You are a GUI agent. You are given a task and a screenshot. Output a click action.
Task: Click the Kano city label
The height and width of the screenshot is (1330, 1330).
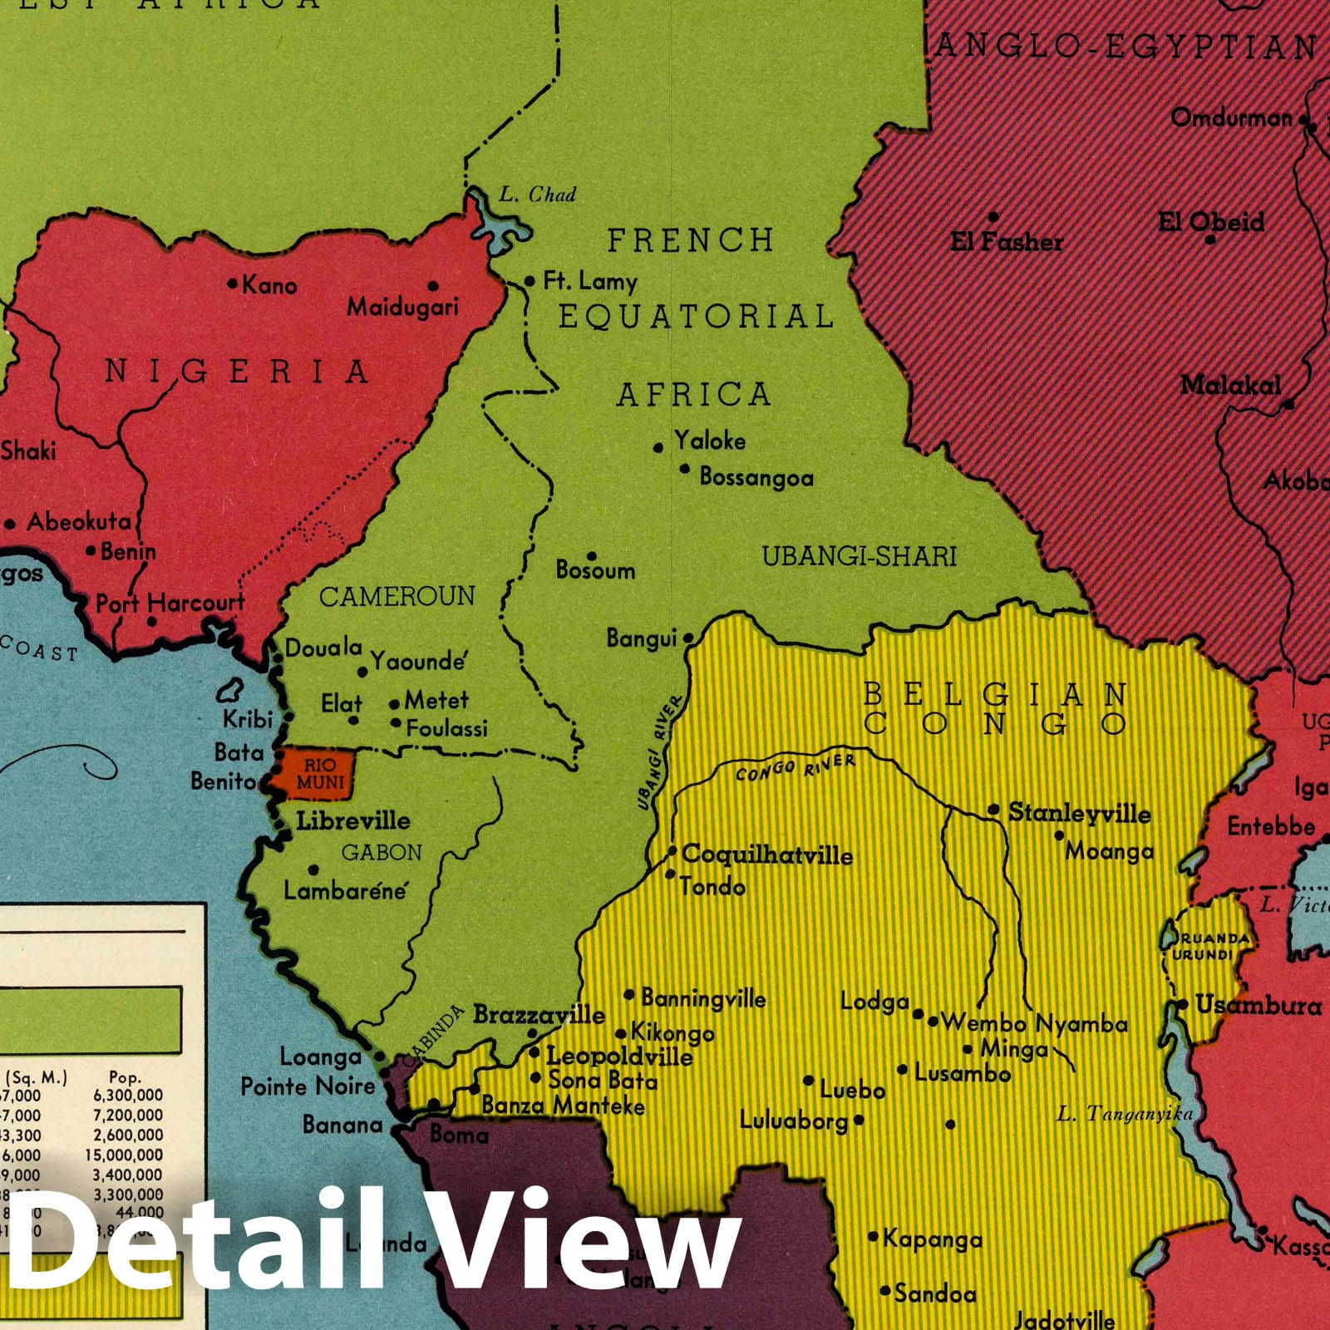[268, 286]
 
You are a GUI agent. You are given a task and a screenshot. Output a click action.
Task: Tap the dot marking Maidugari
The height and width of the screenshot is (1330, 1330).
[433, 286]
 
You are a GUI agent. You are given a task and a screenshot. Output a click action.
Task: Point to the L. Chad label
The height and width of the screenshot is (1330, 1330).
[537, 195]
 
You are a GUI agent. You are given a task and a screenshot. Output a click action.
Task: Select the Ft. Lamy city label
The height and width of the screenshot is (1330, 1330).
[590, 282]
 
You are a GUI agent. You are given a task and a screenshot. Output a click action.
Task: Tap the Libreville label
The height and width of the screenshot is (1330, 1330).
[353, 821]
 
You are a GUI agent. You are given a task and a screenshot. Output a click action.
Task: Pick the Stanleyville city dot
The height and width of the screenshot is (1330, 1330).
[993, 809]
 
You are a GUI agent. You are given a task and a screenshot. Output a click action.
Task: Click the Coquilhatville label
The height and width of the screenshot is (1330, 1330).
[766, 855]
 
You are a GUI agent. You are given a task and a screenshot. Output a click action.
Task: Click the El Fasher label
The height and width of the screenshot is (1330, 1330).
[1007, 242]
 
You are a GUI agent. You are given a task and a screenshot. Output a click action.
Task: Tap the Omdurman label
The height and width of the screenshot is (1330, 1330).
[1231, 118]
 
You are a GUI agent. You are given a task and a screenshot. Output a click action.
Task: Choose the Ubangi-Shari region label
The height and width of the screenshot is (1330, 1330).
[860, 556]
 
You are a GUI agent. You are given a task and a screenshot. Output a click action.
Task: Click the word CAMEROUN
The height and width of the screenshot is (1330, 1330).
[397, 596]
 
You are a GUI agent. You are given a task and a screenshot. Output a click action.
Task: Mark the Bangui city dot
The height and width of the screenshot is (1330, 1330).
[688, 638]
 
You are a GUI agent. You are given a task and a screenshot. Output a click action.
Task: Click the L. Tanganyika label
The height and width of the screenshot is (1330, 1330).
[1125, 1115]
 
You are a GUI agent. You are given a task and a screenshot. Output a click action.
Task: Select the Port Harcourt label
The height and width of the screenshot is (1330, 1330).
[170, 603]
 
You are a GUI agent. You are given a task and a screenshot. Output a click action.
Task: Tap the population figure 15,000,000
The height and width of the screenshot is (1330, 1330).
[124, 1155]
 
